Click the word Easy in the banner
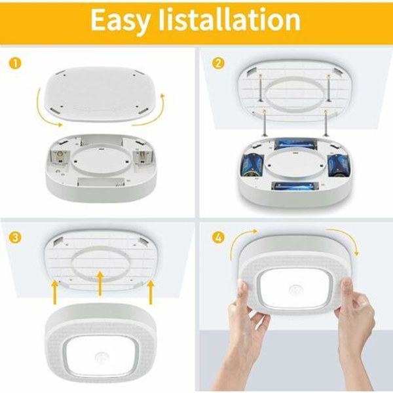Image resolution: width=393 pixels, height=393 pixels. pos(121,20)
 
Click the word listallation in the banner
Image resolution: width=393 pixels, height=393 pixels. pos(230,19)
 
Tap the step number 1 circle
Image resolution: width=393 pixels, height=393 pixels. pos(15,64)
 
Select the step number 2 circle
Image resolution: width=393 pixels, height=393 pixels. pos(218,64)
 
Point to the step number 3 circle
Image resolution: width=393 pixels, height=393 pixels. pos(15,237)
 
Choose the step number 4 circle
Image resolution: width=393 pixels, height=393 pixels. pos(218,237)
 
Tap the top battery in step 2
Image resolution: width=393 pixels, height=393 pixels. pos(296,145)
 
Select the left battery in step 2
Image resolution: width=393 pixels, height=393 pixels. pos(252,165)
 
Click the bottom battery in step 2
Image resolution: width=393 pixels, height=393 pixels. pos(296,187)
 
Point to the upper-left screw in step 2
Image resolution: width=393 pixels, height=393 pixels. pos(261,88)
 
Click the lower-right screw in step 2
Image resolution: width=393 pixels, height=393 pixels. pos(326,123)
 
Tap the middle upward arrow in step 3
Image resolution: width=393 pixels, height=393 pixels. pos(100,283)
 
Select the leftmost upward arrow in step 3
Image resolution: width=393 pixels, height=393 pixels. pos(55,293)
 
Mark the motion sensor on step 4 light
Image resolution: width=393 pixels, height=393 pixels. pos(297,290)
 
